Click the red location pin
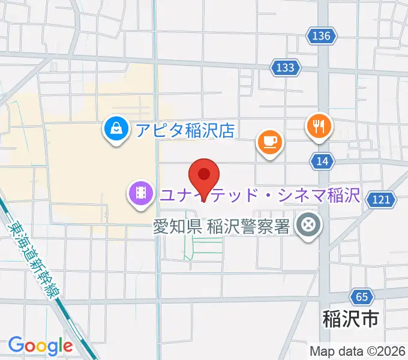pyautogui.click(x=204, y=176)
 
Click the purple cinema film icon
pyautogui.click(x=140, y=193)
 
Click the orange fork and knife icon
pyautogui.click(x=319, y=126)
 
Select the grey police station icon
pyautogui.click(x=309, y=226)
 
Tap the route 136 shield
pyautogui.click(x=321, y=36)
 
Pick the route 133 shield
pyautogui.click(x=285, y=67)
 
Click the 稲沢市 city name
pyautogui.click(x=351, y=319)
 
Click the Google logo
pyautogui.click(x=40, y=346)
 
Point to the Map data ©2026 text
pyautogui.click(x=358, y=351)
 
